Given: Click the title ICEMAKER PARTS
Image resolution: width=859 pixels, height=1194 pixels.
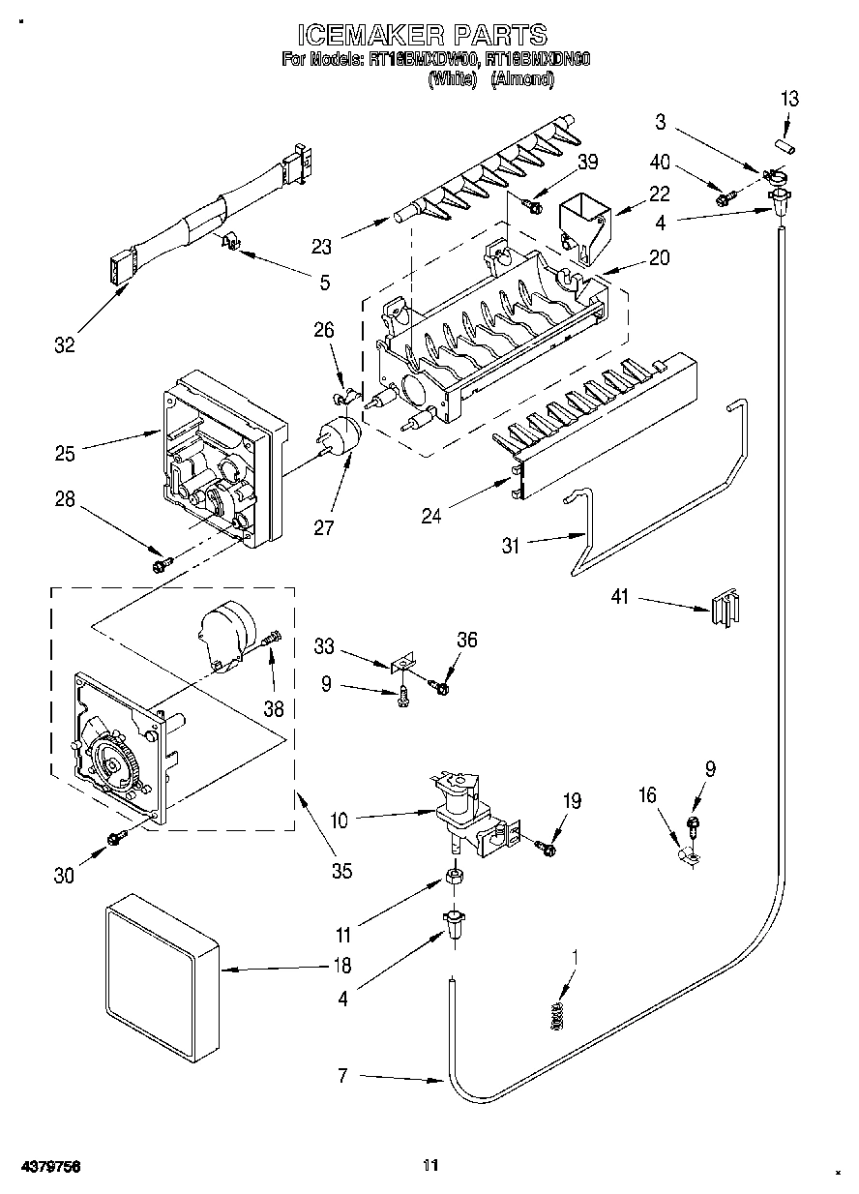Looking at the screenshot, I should [421, 36].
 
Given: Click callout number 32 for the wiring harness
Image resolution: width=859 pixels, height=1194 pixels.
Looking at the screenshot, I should [64, 345].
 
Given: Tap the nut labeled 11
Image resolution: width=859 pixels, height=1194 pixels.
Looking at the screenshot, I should [452, 878].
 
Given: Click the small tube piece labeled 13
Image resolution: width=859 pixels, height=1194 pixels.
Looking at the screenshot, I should [785, 146].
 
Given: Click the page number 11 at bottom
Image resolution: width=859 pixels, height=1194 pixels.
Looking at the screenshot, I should [430, 1166].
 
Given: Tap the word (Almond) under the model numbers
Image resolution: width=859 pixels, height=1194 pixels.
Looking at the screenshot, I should [522, 81].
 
